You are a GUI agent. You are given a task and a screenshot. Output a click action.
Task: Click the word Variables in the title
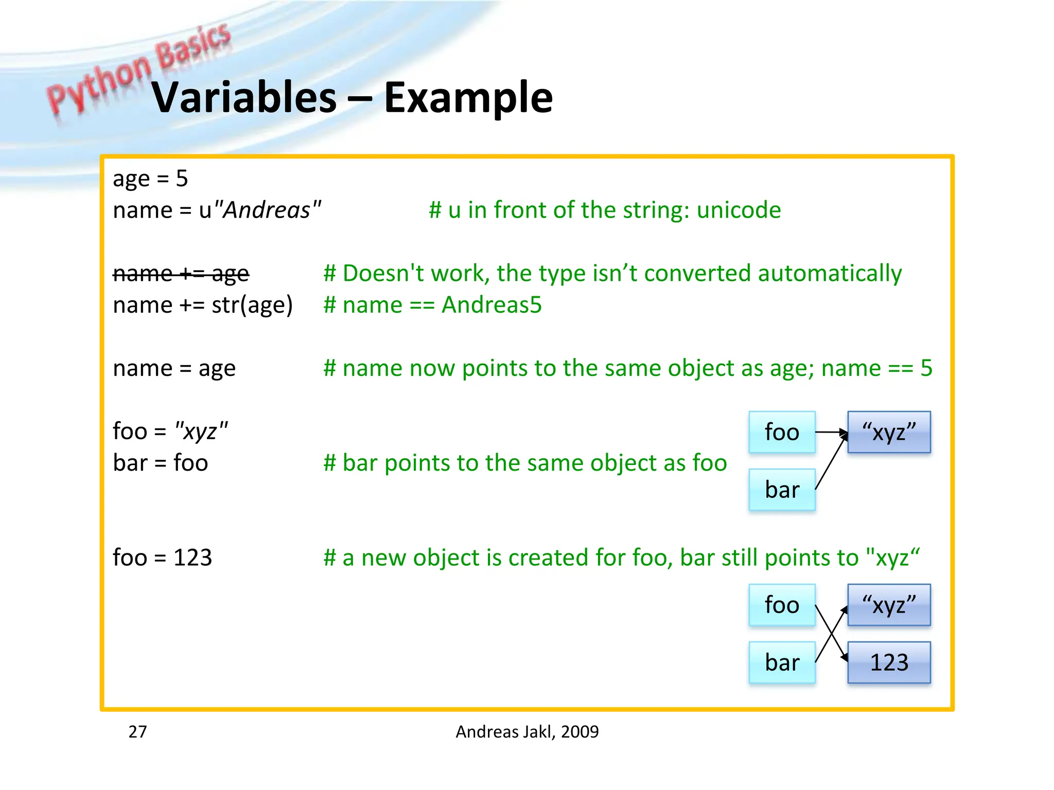click(244, 98)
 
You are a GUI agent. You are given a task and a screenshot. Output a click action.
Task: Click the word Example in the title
click(468, 98)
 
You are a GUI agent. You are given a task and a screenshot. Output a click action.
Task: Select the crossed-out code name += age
click(181, 274)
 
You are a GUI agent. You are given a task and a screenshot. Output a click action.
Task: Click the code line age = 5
click(150, 179)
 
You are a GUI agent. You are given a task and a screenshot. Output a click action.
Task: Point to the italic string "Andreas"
click(267, 210)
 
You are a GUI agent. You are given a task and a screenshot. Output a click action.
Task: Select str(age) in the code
click(252, 305)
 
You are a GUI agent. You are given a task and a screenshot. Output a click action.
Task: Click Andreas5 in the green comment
click(491, 305)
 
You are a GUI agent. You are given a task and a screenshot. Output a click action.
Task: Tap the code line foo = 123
click(162, 558)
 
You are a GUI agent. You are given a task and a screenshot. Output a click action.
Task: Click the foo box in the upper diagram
click(782, 432)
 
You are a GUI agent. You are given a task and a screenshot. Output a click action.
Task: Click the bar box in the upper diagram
click(782, 490)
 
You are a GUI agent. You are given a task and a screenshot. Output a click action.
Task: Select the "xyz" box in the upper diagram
click(889, 432)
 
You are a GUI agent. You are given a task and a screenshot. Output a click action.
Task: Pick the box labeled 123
click(889, 662)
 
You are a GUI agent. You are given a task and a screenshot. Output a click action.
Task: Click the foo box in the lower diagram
click(782, 605)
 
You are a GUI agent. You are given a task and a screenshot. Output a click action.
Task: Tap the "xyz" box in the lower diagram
click(889, 605)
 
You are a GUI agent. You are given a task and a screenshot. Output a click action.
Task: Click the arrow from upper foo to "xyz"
click(830, 432)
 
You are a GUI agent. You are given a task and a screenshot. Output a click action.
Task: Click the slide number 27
click(137, 731)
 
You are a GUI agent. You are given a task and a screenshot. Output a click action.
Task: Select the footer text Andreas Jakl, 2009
click(527, 731)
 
